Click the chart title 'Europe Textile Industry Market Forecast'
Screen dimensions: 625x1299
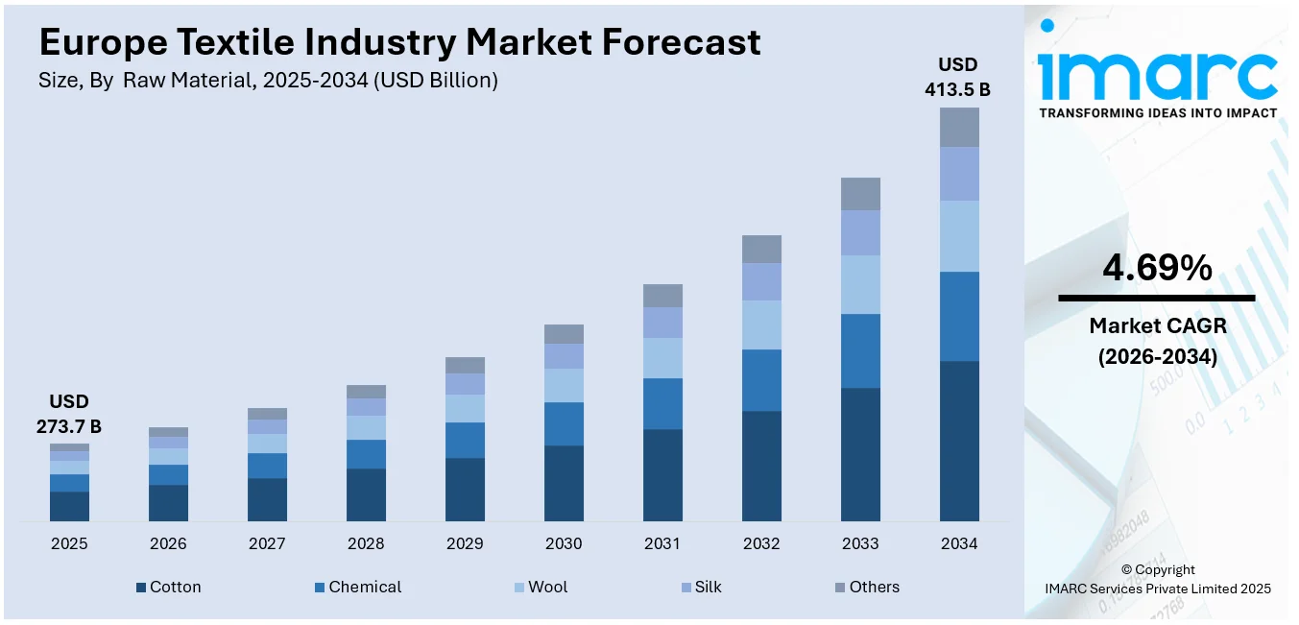coord(399,41)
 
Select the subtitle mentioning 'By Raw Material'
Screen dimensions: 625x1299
coord(268,81)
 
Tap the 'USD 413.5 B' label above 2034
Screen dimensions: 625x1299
coord(958,77)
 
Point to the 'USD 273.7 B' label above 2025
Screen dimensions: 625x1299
coord(69,414)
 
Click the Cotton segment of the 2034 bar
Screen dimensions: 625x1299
coord(958,441)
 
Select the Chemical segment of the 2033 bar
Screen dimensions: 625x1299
coord(860,350)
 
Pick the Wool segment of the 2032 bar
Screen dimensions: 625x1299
coord(761,325)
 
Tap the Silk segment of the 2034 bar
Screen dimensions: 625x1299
coord(958,174)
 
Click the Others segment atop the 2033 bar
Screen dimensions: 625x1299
coord(860,194)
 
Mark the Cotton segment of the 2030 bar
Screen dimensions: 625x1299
coord(564,483)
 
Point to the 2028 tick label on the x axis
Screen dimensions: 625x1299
coord(366,543)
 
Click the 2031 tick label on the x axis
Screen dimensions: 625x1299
coord(662,543)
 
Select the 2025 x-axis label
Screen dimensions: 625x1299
coord(69,543)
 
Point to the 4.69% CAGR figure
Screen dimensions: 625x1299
coord(1157,269)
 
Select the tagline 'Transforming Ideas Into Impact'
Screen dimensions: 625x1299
coord(1157,112)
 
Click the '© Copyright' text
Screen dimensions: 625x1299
coord(1157,569)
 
